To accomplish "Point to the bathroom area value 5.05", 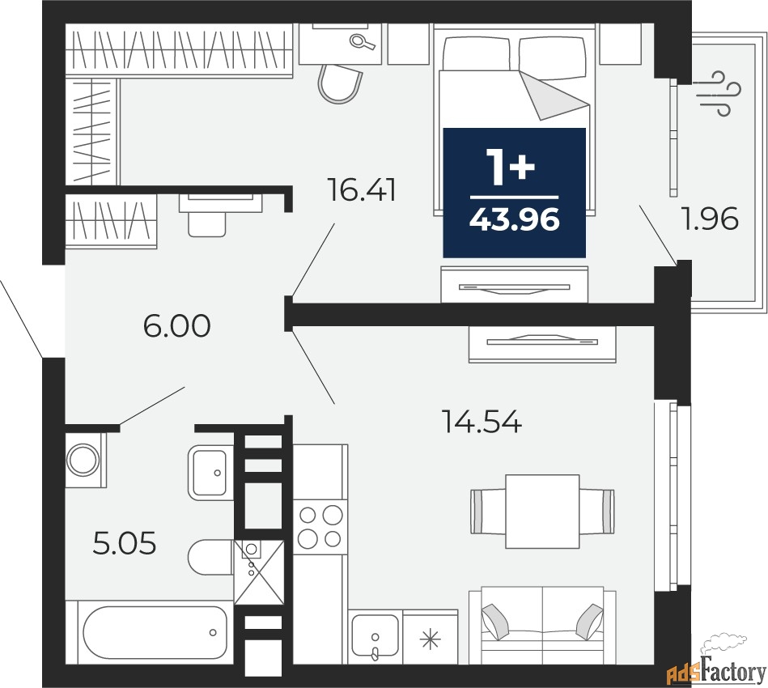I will click(124, 544).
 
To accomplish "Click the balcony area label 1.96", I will click(711, 219).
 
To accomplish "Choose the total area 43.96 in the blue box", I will click(515, 219).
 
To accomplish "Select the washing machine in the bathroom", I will click(84, 460).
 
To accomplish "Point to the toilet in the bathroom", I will click(210, 558).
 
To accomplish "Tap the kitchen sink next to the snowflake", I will click(374, 637).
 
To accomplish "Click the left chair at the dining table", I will click(486, 511).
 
